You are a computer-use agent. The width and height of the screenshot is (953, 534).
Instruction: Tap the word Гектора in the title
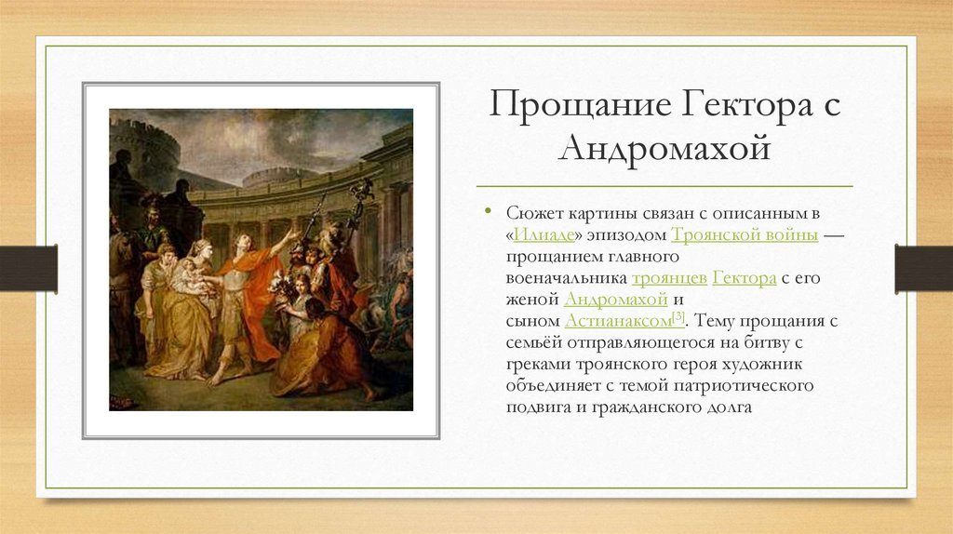click(747, 103)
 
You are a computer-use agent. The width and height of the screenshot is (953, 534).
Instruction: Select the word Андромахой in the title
click(664, 148)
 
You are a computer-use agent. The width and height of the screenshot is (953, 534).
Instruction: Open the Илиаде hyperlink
click(544, 234)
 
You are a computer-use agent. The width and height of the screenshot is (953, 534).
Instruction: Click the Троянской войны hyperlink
click(745, 234)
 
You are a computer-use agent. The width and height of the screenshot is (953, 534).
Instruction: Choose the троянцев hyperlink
click(669, 278)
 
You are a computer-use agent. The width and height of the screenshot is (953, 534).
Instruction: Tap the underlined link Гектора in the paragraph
click(745, 278)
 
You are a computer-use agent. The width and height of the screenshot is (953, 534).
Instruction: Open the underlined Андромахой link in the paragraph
click(616, 300)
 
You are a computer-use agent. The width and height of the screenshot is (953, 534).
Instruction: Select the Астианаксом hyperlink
click(618, 321)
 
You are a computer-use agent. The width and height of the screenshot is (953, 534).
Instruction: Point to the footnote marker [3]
click(678, 317)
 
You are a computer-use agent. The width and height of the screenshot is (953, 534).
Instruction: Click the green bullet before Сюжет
click(488, 211)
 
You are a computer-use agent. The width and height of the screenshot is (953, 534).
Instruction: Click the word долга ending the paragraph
click(729, 407)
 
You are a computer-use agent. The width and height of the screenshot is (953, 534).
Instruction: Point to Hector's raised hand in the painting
click(294, 234)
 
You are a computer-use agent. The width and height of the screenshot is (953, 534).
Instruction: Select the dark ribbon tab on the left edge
click(29, 268)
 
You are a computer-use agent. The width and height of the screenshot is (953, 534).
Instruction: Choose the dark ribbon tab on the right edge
click(924, 268)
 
